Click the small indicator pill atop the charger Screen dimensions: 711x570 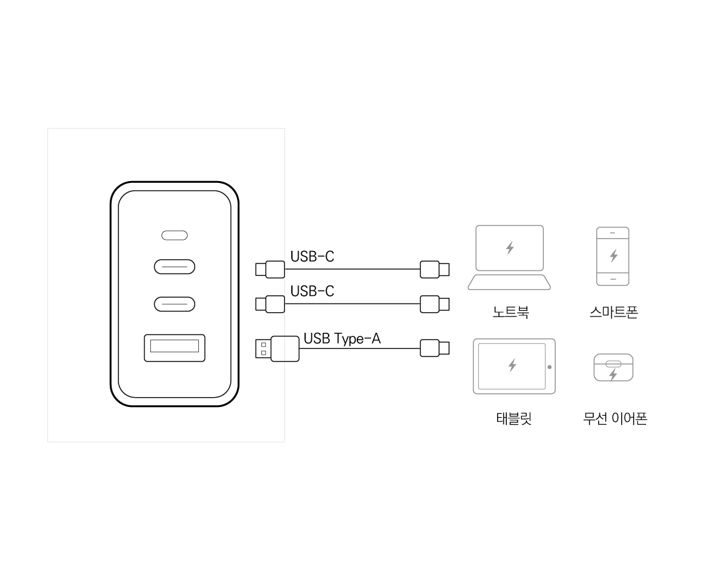(x=175, y=235)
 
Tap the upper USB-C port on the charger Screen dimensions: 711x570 (x=175, y=267)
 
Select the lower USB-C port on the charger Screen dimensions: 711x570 (x=175, y=304)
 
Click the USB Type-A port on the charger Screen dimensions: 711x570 (x=175, y=348)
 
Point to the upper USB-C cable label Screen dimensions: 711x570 (x=312, y=257)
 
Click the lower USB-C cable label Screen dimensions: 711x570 (x=312, y=291)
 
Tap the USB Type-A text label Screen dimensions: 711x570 (x=342, y=338)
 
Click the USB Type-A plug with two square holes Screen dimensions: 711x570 (x=277, y=349)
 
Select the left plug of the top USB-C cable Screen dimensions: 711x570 (x=270, y=270)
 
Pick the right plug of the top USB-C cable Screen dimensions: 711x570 (x=435, y=270)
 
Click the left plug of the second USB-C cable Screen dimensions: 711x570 (x=270, y=304)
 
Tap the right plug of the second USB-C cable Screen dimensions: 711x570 (x=435, y=304)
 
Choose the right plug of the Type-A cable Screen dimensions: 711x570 (x=435, y=348)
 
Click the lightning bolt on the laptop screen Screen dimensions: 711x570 (x=510, y=248)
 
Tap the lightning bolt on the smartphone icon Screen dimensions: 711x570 (x=614, y=255)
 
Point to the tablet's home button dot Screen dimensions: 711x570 (x=549, y=367)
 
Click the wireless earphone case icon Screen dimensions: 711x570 (x=614, y=368)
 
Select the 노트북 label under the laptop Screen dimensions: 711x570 (x=511, y=312)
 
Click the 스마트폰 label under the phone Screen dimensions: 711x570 (x=614, y=312)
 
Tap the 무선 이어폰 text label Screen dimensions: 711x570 (x=615, y=418)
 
